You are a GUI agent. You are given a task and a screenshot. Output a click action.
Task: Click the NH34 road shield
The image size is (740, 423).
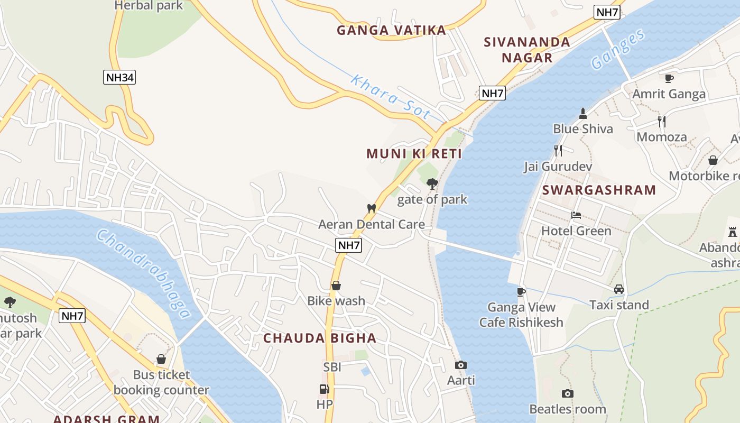120,78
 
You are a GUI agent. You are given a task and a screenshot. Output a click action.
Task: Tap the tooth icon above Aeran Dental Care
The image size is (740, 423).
371,209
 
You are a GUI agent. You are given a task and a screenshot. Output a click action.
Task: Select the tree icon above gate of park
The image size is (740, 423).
432,184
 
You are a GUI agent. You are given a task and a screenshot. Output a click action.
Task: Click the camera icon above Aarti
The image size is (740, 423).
461,365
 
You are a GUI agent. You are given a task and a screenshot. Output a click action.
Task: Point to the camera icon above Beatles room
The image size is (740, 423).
567,393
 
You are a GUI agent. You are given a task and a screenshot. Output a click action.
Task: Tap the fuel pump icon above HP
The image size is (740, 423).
324,389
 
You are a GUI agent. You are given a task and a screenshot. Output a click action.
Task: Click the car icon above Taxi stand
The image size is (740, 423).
619,289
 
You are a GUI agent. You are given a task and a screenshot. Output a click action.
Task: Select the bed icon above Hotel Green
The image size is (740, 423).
576,215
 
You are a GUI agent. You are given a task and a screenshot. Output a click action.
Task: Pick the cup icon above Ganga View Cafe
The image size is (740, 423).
521,291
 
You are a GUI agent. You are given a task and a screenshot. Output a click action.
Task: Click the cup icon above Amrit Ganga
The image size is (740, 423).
669,78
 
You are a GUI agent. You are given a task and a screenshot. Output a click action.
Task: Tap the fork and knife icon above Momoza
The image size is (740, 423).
661,121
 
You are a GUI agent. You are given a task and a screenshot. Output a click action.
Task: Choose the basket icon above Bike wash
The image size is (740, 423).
336,286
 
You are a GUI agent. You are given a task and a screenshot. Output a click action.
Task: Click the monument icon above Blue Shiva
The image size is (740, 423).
582,113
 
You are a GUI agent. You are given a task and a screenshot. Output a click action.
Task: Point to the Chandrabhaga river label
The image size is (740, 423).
143,274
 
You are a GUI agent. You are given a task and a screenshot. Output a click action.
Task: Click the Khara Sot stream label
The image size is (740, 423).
391,98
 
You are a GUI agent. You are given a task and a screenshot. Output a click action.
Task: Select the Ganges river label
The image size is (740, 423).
618,50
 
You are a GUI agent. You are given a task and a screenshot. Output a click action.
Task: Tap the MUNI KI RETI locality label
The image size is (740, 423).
414,154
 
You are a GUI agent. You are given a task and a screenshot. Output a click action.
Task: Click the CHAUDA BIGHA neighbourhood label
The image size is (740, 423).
320,338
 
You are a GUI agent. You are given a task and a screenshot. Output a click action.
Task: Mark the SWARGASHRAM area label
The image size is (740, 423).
599,190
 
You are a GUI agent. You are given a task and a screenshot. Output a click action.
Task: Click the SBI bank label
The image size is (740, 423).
332,366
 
